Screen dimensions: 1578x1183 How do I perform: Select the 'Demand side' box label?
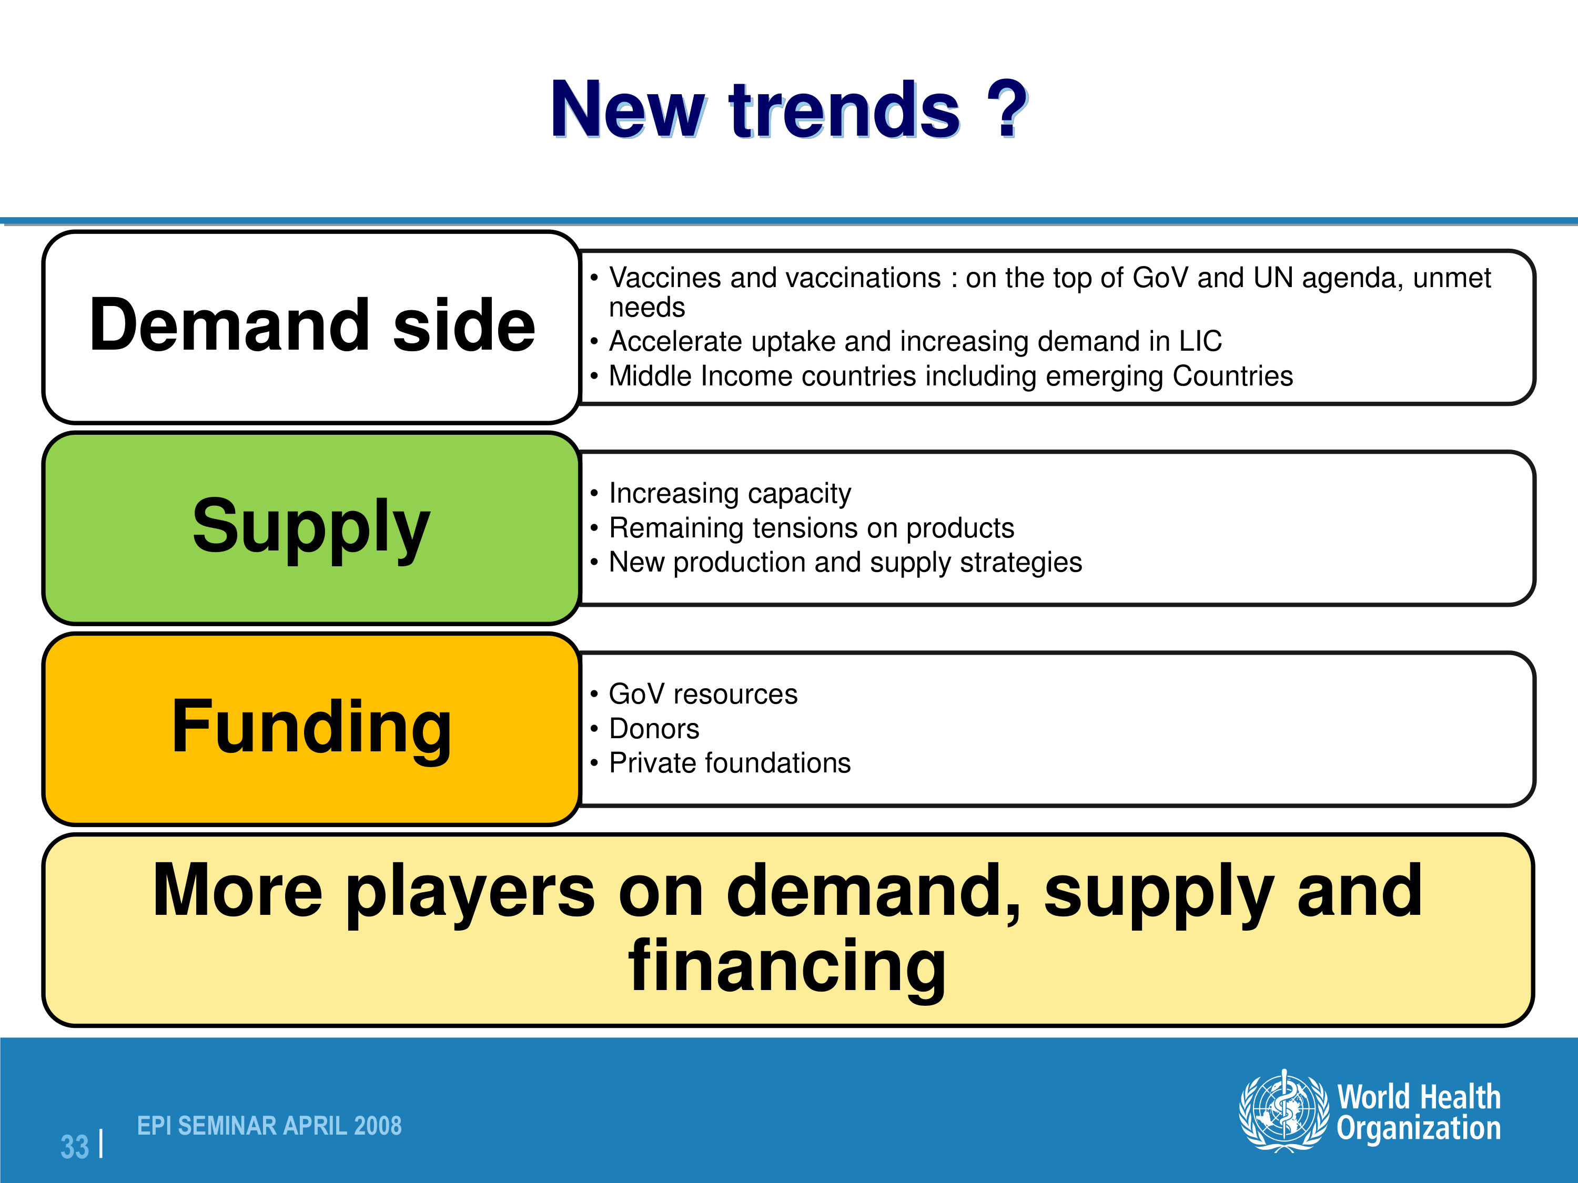[312, 325]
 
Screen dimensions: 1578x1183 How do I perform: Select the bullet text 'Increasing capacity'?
[730, 494]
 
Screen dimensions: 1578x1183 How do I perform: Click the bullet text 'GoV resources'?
[703, 694]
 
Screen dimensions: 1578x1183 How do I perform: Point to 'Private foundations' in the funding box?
[730, 763]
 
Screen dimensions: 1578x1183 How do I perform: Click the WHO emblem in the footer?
[1284, 1110]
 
